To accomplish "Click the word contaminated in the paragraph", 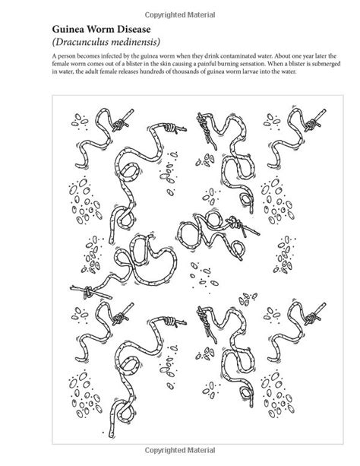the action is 237,56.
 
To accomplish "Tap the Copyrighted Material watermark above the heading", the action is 180,15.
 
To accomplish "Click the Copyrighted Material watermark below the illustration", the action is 180,450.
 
